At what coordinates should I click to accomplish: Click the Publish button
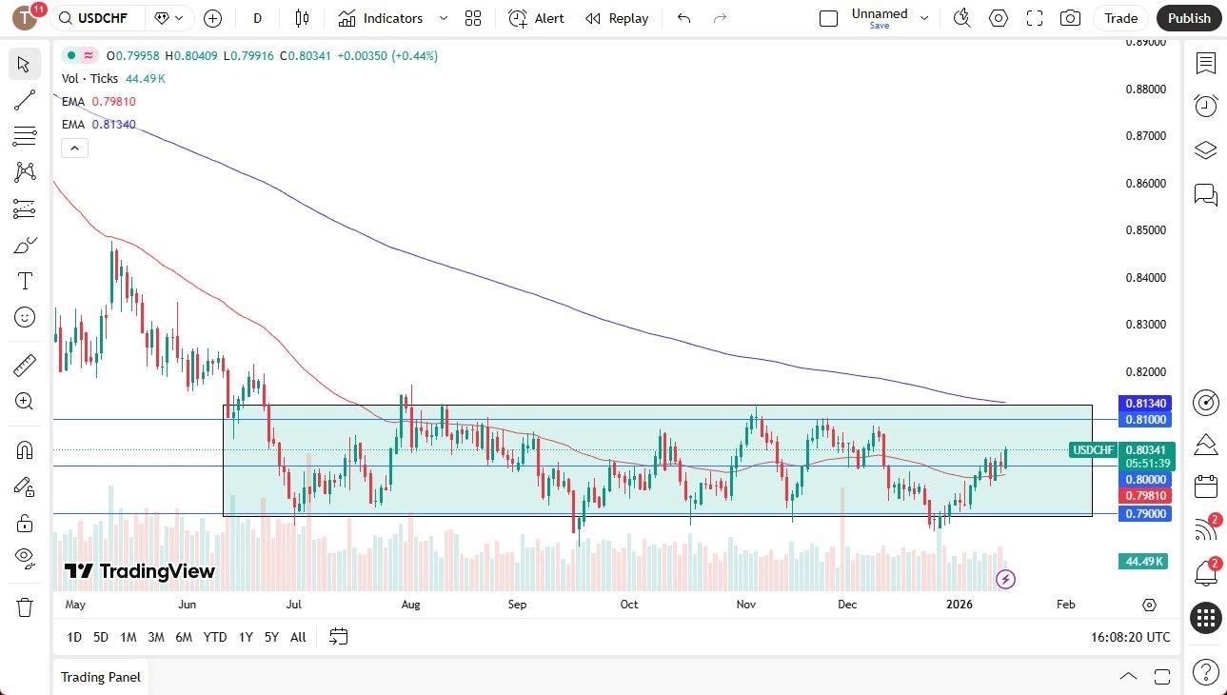point(1189,18)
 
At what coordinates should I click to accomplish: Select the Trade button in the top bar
point(1120,18)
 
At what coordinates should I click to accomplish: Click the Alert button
point(537,18)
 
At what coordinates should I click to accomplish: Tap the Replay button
point(617,18)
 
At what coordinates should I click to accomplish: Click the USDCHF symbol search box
point(99,18)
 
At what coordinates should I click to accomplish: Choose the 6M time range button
point(184,637)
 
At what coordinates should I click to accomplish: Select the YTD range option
point(215,637)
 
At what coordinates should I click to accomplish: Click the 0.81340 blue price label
point(1147,404)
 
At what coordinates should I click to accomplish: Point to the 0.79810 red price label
point(1147,496)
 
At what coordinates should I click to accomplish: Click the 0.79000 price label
point(1147,514)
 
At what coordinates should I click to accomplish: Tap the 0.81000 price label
point(1147,420)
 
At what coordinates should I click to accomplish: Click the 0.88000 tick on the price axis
point(1146,89)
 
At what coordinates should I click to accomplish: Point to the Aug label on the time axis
point(410,605)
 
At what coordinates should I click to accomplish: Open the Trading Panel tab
point(101,677)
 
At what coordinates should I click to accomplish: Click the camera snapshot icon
point(1070,18)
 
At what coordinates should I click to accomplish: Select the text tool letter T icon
point(25,281)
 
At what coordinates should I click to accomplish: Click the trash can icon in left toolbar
point(25,606)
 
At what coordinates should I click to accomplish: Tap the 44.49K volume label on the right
point(1144,562)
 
